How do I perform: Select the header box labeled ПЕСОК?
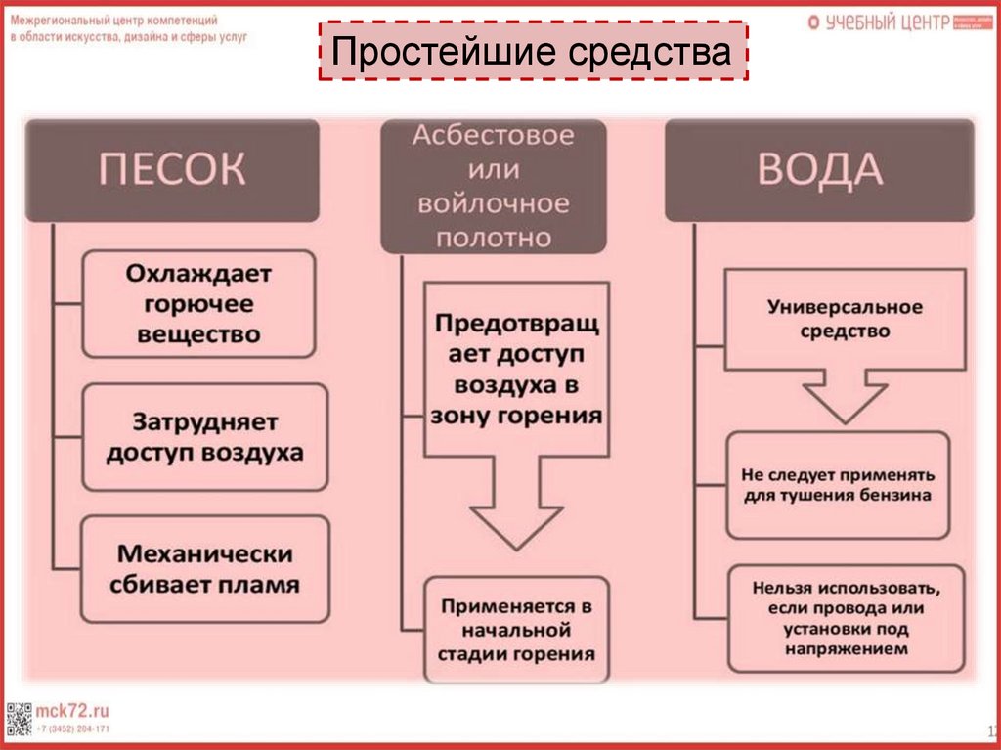coord(172,169)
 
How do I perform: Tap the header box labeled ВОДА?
coord(819,169)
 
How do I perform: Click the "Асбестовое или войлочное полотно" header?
coord(493,186)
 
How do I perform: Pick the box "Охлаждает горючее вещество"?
coord(198,303)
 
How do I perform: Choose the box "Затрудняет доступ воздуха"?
coord(204,437)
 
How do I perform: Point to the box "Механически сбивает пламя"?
coord(204,569)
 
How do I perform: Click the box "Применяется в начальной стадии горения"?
coord(516,630)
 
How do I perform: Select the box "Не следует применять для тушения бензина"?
coord(838,485)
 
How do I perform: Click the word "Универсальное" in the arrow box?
coord(845,307)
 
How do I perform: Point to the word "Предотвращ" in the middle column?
coord(516,322)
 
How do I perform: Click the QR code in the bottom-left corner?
coord(19,719)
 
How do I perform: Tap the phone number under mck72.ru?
coord(73,729)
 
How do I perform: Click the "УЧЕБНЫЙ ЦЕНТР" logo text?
coord(887,22)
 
